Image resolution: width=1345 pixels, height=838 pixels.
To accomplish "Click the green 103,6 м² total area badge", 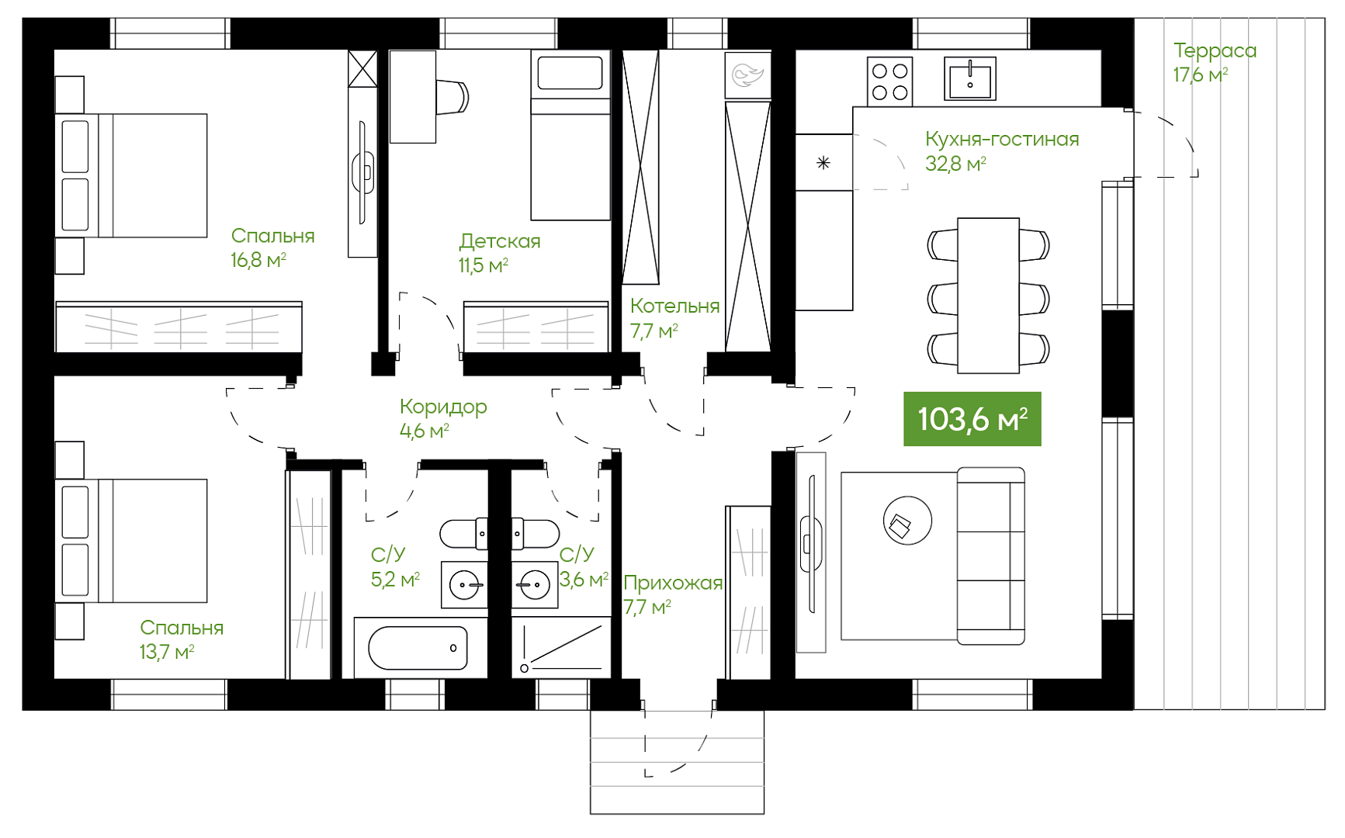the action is [x=972, y=419].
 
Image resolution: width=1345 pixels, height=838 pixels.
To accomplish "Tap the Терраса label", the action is [x=1215, y=51].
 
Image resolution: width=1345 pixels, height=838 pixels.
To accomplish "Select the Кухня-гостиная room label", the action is [x=1002, y=139].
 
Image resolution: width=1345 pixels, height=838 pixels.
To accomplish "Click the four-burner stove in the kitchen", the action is [x=890, y=81].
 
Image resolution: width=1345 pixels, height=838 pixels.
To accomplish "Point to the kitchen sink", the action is [x=970, y=79].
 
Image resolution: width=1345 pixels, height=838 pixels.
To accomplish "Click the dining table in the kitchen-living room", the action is [x=988, y=296].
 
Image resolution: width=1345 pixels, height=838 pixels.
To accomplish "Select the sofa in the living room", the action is [x=991, y=556].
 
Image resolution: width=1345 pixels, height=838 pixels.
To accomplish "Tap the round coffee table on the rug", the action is [x=907, y=521].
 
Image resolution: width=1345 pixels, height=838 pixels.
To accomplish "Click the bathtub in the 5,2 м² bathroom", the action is [x=418, y=648].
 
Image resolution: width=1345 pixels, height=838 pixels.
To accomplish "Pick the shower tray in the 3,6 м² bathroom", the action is [x=561, y=647].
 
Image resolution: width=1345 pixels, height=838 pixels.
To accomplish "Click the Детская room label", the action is [x=500, y=241].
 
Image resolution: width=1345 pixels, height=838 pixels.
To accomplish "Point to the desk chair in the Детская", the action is [x=452, y=97].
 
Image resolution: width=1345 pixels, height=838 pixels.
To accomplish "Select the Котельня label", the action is [x=674, y=306].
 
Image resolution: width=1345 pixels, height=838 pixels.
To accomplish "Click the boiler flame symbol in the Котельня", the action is [x=748, y=75].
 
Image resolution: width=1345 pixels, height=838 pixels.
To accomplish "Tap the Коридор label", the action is [x=443, y=407].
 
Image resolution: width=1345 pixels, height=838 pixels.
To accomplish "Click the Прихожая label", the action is [x=673, y=583].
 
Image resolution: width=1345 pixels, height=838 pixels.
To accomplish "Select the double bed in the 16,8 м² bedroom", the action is [x=131, y=175].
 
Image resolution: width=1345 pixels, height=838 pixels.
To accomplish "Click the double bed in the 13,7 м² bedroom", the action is [x=131, y=541].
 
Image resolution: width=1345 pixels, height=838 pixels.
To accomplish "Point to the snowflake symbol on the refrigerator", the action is [x=823, y=163].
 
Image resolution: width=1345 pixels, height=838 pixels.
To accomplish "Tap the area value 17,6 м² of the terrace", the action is [x=1201, y=75].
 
